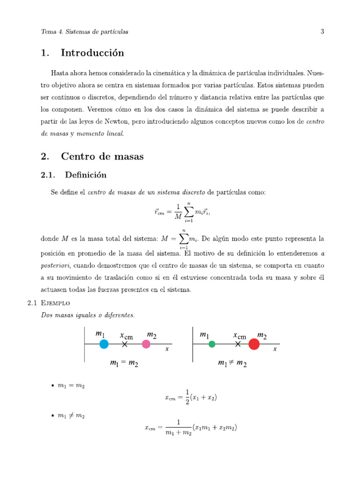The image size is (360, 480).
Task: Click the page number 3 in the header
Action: (x=322, y=32)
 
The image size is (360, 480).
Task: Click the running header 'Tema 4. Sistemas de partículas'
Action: (x=84, y=32)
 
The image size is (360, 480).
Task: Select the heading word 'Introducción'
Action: (x=92, y=53)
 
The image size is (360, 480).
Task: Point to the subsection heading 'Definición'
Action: (x=86, y=175)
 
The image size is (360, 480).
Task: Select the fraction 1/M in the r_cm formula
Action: (x=178, y=211)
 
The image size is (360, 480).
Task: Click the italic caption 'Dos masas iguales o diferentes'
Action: (x=88, y=315)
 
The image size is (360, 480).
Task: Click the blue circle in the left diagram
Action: (x=104, y=344)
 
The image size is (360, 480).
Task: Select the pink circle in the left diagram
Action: (x=146, y=344)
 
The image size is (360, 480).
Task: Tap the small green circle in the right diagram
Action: (x=212, y=344)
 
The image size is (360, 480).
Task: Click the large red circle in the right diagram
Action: (x=254, y=344)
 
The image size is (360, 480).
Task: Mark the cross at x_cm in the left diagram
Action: (x=125, y=344)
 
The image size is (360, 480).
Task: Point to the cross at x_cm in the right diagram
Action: (x=238, y=344)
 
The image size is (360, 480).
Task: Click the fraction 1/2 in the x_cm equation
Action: (x=187, y=397)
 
